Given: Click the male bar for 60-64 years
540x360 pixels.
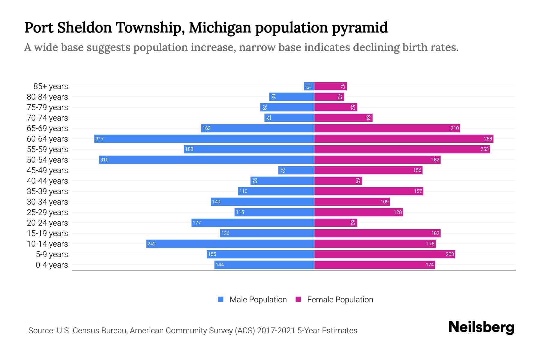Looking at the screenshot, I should (204, 139).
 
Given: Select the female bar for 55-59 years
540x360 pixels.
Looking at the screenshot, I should (402, 149).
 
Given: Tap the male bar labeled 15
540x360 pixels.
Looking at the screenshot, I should (309, 86).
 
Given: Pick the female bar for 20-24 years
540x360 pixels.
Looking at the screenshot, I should (336, 223).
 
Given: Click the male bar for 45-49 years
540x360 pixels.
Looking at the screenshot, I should (296, 170).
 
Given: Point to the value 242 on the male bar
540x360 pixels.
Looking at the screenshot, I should (151, 244).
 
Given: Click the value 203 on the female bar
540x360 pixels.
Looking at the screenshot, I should (450, 254).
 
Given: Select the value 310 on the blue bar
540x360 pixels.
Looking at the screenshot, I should (104, 160).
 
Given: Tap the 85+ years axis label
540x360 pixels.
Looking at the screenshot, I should (51, 86).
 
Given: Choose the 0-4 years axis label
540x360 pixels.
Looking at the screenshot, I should (52, 265).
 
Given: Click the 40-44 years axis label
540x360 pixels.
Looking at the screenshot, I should (47, 181).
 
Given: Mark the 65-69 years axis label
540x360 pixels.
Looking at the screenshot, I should (47, 128).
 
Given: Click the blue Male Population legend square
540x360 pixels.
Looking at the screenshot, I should (221, 299).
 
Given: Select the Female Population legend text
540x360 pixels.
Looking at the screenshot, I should (340, 299).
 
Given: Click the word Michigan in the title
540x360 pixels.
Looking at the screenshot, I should (220, 28).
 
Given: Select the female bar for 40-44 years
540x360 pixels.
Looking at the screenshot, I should (338, 181).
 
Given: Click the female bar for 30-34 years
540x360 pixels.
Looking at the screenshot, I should (352, 202).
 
